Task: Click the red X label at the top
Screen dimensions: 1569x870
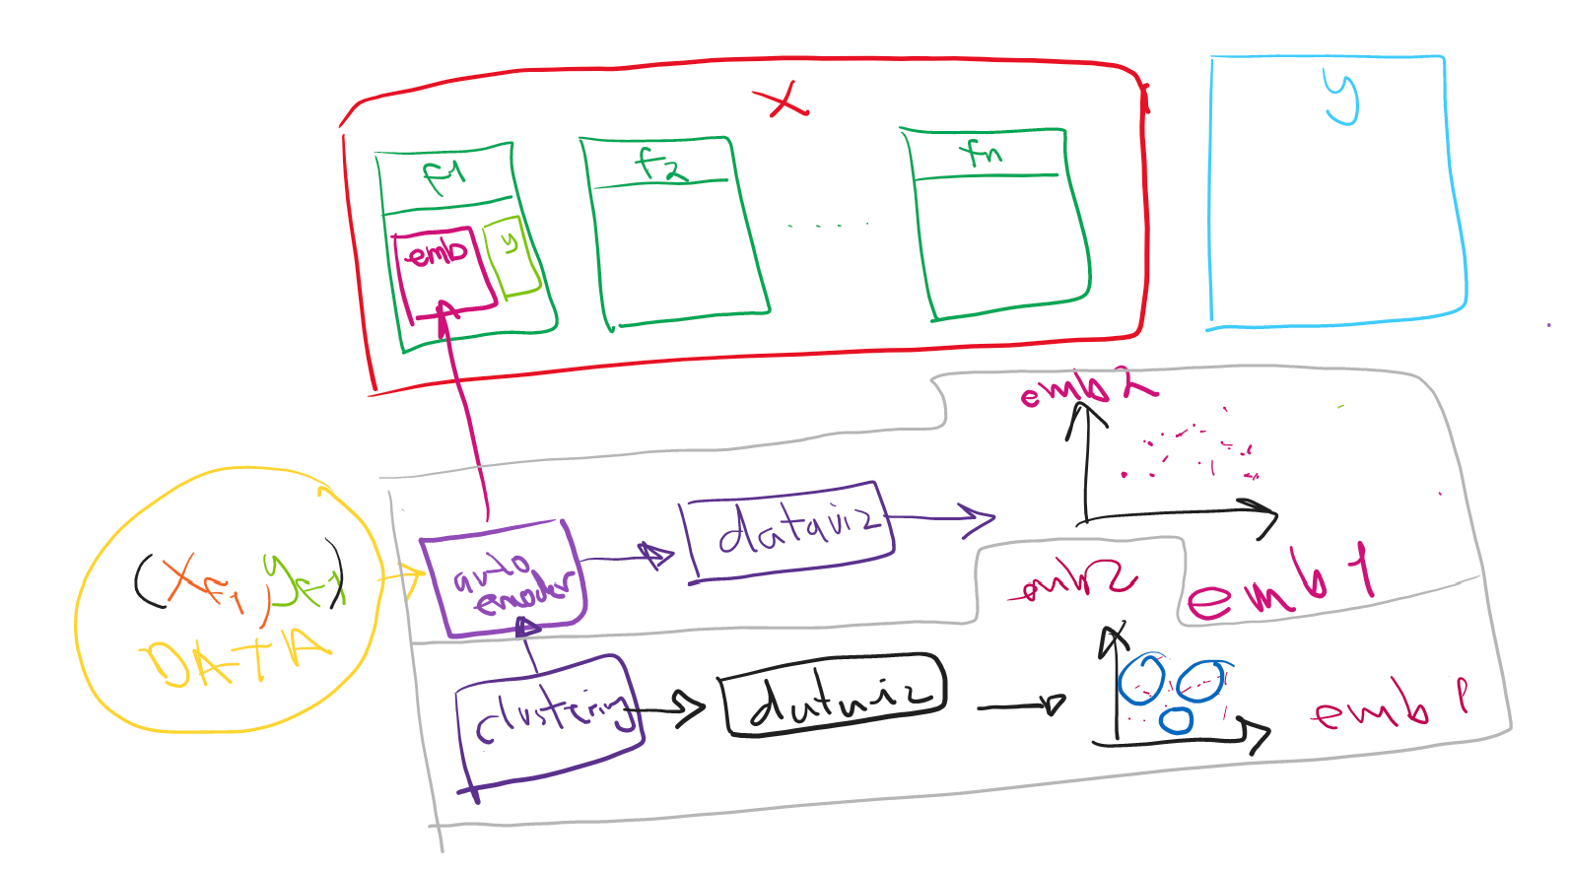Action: click(781, 100)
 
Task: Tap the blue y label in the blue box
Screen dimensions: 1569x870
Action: click(1341, 98)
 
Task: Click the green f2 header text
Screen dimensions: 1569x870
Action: click(659, 164)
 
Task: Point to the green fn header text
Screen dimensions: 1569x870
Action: click(982, 153)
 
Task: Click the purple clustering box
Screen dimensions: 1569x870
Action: click(547, 719)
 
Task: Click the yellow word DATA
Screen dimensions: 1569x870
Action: click(237, 657)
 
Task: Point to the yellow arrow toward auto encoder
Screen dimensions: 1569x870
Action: click(401, 577)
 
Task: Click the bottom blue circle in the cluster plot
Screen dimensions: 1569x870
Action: click(1175, 719)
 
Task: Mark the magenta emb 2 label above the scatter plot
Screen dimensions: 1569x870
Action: click(1084, 389)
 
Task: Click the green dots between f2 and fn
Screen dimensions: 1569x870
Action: click(828, 226)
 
